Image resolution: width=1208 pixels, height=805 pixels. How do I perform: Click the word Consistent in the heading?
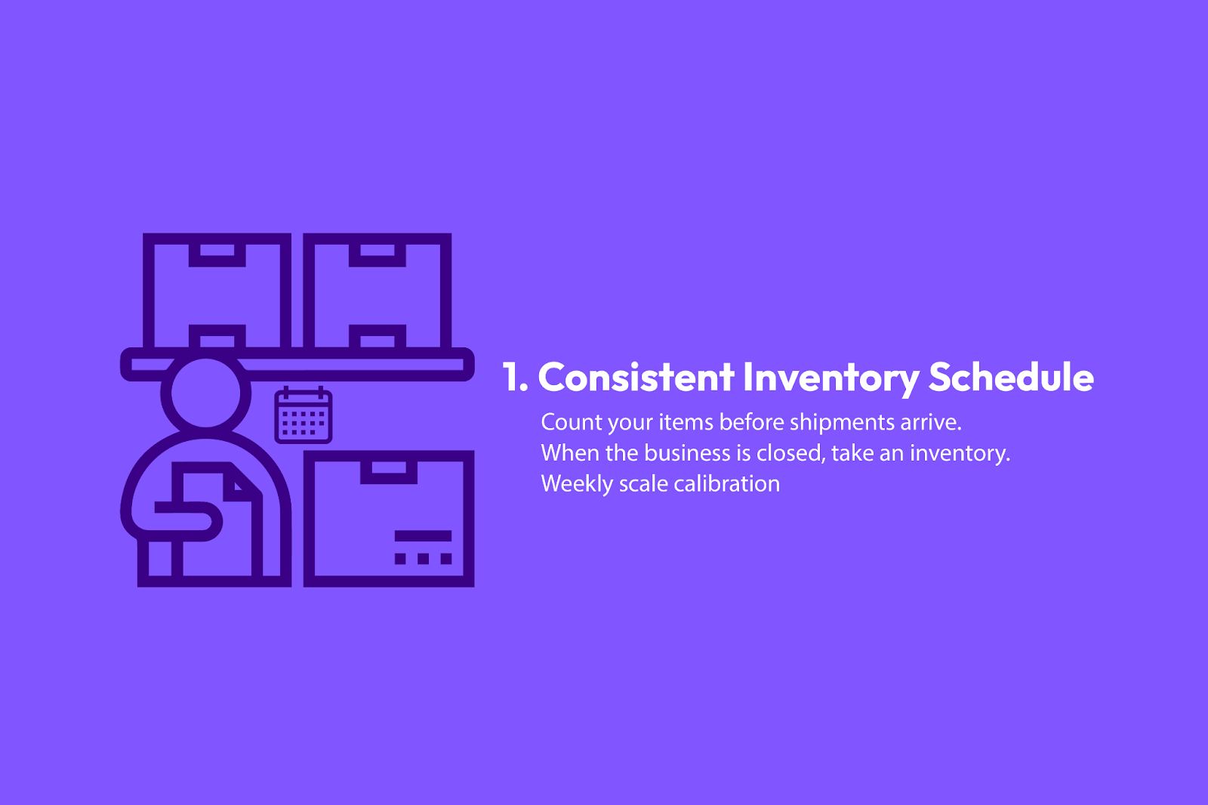tap(636, 377)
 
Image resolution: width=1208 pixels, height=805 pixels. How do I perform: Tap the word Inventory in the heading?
tap(831, 379)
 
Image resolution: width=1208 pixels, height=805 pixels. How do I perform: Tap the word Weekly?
tap(577, 484)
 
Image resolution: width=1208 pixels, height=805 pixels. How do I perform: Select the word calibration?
tap(726, 484)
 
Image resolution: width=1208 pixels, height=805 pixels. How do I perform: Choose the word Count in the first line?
tap(571, 422)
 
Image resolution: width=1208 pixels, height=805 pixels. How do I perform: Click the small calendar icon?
tap(303, 415)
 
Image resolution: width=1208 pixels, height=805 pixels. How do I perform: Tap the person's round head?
tap(205, 393)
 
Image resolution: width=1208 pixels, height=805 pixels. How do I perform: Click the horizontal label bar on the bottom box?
tap(423, 535)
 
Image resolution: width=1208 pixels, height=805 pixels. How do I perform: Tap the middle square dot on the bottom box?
tap(423, 558)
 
